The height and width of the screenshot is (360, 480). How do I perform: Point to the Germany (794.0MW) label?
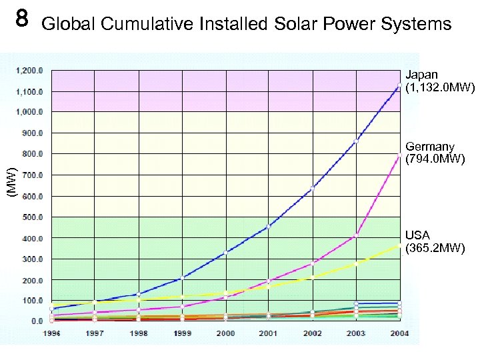[435, 153]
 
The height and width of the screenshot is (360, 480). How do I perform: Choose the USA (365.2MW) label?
[435, 242]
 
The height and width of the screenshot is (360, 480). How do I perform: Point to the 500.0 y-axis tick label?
[32, 217]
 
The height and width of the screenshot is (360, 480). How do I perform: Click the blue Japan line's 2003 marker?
[356, 141]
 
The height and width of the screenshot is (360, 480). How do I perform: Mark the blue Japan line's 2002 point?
[313, 188]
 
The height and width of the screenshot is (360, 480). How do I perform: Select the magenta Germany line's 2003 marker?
[356, 235]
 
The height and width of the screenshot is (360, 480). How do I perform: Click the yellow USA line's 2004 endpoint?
[399, 245]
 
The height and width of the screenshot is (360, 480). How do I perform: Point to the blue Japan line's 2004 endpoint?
[399, 85]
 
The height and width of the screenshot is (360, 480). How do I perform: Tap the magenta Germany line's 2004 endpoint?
[399, 156]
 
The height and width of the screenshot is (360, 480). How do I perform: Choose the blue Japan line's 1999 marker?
[182, 277]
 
